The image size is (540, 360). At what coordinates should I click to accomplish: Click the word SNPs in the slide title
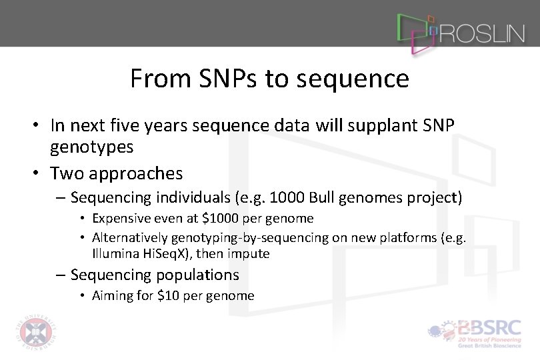pos(225,79)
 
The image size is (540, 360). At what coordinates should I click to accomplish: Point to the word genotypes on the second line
pos(91,145)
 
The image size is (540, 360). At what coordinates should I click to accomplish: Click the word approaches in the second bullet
pos(143,173)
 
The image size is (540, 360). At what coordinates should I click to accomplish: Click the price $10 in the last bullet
pos(165,295)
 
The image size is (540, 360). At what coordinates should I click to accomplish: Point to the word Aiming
pos(112,295)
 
